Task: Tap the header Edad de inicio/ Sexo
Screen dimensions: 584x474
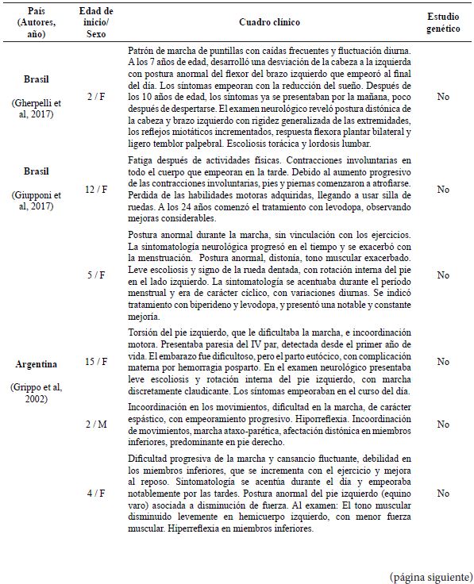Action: [95, 26]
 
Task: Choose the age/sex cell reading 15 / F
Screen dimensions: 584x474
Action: [96, 361]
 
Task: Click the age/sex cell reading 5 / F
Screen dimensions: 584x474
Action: [96, 275]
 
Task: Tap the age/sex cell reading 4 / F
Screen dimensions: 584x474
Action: [96, 493]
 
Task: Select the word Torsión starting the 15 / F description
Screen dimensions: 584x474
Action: [144, 331]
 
